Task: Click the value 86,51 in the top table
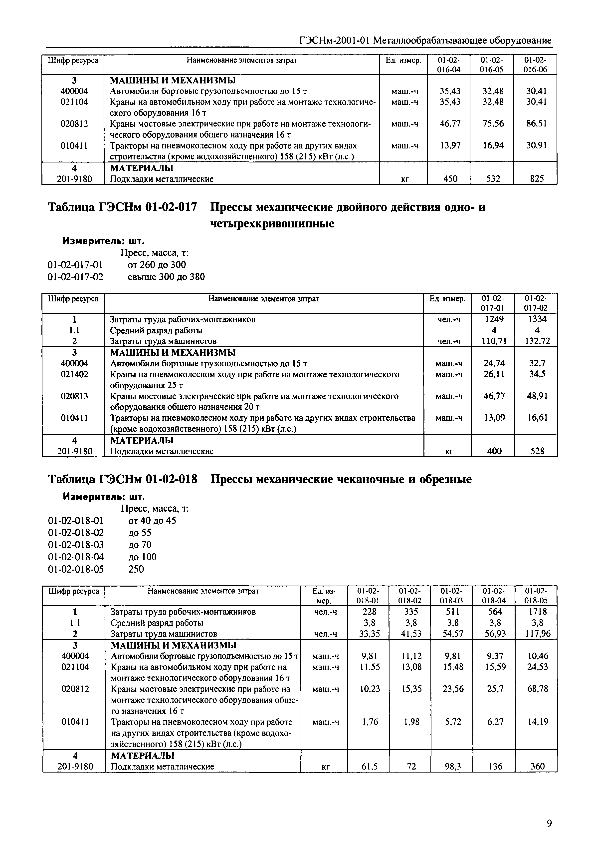click(x=536, y=123)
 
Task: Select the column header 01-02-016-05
click(x=491, y=64)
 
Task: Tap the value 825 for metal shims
click(x=536, y=179)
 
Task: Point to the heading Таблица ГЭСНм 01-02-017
click(x=123, y=207)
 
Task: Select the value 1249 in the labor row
click(x=494, y=319)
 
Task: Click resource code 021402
click(x=74, y=374)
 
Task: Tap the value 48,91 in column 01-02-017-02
click(x=537, y=396)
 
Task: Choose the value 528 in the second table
click(x=537, y=451)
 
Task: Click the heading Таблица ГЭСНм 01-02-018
click(x=123, y=479)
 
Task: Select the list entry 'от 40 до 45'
click(x=152, y=521)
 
